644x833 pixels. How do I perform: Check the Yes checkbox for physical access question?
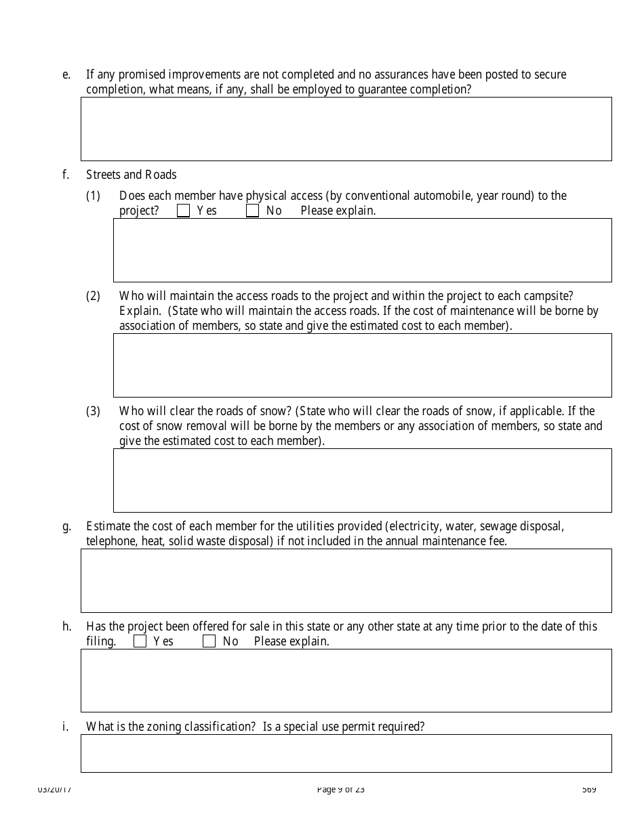[183, 211]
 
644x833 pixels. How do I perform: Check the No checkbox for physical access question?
[252, 211]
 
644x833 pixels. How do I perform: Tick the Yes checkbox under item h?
[140, 641]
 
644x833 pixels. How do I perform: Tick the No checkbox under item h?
[209, 641]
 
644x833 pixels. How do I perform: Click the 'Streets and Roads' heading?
[131, 175]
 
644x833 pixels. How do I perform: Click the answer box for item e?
[346, 129]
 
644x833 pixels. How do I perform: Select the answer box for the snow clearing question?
[362, 480]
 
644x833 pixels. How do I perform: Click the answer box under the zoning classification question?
[346, 753]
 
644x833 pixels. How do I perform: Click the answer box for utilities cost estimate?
[346, 580]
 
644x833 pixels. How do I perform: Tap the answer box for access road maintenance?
[362, 365]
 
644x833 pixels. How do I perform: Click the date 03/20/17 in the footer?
[54, 789]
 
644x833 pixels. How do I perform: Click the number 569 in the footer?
[589, 789]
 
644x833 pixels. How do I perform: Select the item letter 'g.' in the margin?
[66, 526]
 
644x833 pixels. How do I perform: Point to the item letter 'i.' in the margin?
[65, 727]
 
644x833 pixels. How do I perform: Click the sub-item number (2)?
[93, 296]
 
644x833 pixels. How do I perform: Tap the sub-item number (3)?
[93, 411]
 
